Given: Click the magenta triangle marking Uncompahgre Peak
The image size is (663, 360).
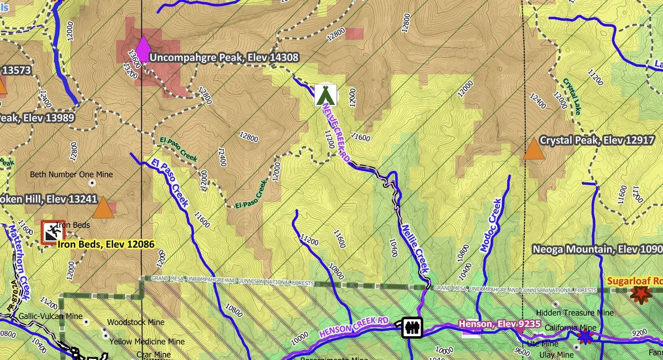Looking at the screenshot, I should pos(143,49).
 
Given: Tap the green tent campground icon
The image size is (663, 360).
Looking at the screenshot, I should pos(326,94).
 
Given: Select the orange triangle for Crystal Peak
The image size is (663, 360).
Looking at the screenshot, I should pos(533,149).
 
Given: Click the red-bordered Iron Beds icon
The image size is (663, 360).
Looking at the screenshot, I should pos(53,232).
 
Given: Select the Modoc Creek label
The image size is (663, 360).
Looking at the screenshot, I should pos(491,225).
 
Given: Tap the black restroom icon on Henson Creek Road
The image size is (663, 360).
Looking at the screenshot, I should pos(412,327).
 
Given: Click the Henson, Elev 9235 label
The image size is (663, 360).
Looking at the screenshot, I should pos(499,324).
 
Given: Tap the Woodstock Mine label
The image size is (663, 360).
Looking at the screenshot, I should pos(136,322).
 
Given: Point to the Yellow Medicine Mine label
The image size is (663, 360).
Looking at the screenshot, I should pos(147,342).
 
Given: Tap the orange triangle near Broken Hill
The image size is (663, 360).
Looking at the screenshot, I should pos(102,208).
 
